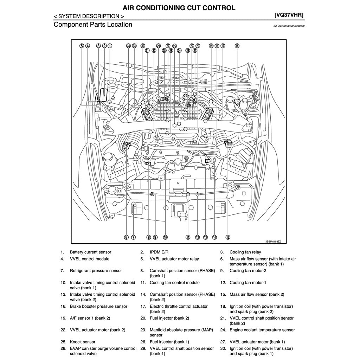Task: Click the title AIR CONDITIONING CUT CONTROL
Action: [x=179, y=8]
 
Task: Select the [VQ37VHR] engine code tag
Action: [x=289, y=15]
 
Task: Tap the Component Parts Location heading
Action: [x=93, y=25]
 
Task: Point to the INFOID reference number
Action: [x=289, y=26]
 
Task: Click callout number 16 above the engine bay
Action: [x=237, y=46]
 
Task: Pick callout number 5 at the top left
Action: [x=82, y=46]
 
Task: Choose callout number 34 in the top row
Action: [x=128, y=46]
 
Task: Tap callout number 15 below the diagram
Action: [x=228, y=237]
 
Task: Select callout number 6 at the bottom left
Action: [x=126, y=237]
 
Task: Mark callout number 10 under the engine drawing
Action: [x=165, y=237]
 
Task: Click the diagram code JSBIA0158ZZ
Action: [x=273, y=242]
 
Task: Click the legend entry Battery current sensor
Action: [x=90, y=252]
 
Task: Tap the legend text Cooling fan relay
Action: [x=245, y=252]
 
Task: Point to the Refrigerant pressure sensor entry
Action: [x=96, y=271]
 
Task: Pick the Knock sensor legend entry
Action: [x=83, y=342]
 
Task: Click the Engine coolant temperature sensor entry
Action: [x=262, y=330]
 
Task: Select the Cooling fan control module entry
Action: [x=174, y=283]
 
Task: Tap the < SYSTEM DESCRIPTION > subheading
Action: [x=89, y=16]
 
